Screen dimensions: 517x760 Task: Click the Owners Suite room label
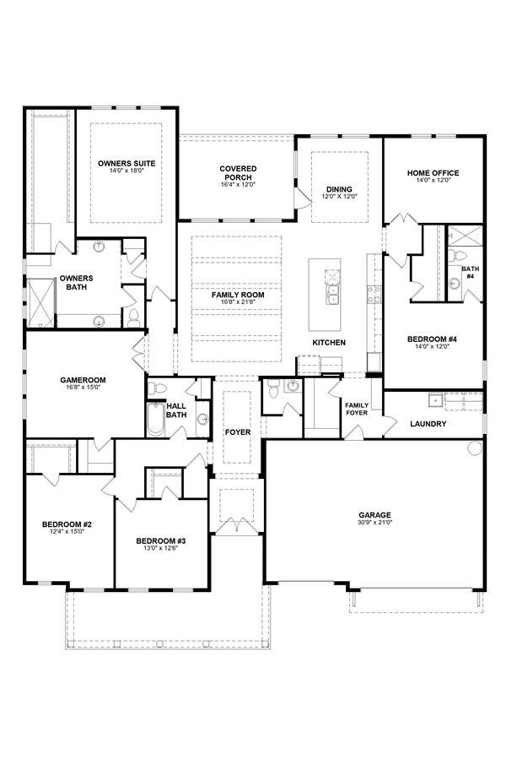[x=127, y=163]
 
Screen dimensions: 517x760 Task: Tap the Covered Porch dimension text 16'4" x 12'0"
[x=238, y=185]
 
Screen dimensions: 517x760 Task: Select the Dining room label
[x=339, y=189]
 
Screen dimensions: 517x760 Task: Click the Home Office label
[x=433, y=172]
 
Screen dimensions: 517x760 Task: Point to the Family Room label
[x=238, y=295]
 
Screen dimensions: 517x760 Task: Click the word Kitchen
[x=329, y=343]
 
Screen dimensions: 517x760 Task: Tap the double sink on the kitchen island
[x=332, y=294]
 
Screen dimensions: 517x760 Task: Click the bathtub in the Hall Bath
[x=156, y=418]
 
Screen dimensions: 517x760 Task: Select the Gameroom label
[x=83, y=380]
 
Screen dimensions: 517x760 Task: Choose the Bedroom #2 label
[x=67, y=524]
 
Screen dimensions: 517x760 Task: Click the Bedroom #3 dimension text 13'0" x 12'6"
[x=161, y=548]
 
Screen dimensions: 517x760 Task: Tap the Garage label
[x=374, y=515]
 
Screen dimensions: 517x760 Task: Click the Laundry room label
[x=428, y=424]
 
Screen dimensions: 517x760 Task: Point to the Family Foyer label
[x=357, y=409]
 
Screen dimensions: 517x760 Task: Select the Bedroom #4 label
[x=433, y=339]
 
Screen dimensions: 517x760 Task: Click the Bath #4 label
[x=470, y=273]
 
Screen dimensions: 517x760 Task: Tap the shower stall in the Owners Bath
[x=40, y=303]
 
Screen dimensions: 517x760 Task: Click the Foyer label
[x=238, y=432]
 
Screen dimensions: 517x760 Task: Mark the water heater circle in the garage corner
[x=475, y=448]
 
